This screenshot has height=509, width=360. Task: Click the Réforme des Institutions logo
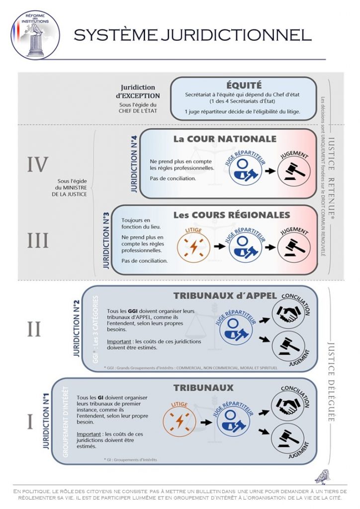coord(35,35)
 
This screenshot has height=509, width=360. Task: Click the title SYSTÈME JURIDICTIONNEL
coord(193,35)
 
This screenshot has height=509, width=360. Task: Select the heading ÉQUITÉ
coord(244,85)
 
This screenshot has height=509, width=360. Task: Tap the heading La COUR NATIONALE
coord(224,139)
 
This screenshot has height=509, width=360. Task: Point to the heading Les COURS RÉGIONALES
coord(231,215)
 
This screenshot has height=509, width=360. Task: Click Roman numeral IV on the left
coord(37,165)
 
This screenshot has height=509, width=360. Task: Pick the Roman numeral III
coord(37,241)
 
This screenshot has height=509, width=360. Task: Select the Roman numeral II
coord(34,329)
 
